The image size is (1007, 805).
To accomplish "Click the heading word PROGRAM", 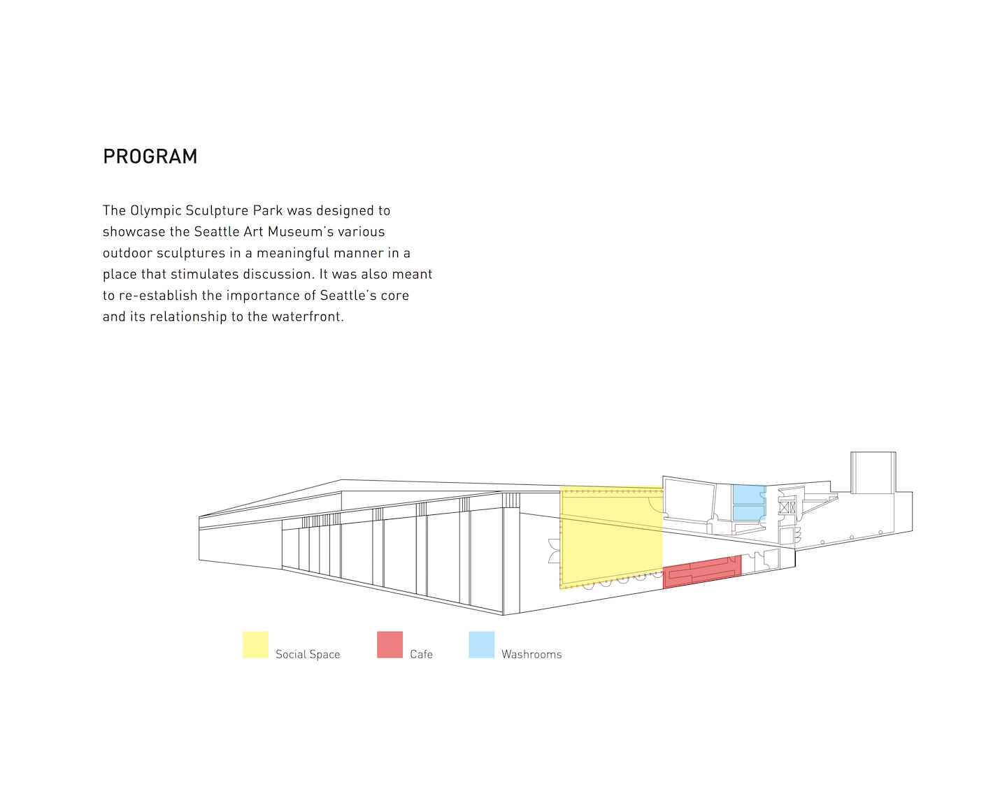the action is [150, 157].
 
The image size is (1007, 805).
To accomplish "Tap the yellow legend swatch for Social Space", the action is [255, 644].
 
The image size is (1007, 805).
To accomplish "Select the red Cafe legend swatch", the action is [390, 644].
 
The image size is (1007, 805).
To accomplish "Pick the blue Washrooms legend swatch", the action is [482, 644].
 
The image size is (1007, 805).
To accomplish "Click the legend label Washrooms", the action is [531, 654].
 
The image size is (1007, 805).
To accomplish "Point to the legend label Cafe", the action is [421, 654].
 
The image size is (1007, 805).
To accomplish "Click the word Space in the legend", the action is [324, 655].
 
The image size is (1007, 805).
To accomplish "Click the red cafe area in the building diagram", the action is [702, 572].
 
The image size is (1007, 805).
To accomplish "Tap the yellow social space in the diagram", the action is [611, 538].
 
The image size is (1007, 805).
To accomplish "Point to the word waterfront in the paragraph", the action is [307, 317].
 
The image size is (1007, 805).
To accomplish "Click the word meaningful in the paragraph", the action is [293, 253].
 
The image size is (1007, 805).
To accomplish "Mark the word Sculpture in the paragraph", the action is [217, 211].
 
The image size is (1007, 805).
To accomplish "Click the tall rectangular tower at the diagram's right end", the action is [873, 472].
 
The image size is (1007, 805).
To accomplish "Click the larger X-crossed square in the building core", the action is [784, 507].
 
